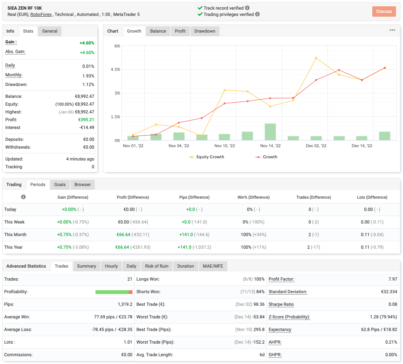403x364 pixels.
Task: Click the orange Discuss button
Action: coord(384,11)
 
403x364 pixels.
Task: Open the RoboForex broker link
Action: coord(41,14)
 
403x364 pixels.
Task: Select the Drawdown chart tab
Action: coord(205,31)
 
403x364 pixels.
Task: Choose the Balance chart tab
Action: coord(158,31)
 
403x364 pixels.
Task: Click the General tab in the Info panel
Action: coord(50,31)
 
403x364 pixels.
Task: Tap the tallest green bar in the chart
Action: coord(270,132)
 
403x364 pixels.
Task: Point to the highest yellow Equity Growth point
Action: coord(316,58)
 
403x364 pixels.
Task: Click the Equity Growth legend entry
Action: coord(206,157)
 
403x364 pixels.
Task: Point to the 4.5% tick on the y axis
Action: coord(115,69)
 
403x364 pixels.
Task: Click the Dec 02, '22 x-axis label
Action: coord(316,146)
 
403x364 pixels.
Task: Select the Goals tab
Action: coord(60,185)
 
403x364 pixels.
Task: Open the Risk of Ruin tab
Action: coord(157,266)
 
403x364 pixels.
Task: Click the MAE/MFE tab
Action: coord(213,266)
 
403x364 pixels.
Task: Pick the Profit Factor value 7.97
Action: coord(393,279)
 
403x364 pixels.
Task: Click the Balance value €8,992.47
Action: coord(84,96)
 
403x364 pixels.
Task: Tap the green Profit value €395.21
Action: coord(86,120)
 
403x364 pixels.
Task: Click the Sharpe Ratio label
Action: coord(281,304)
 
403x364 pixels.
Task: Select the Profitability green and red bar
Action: coord(114,292)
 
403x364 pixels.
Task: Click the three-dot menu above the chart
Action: coord(392,30)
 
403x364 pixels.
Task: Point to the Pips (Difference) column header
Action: coord(194,197)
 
